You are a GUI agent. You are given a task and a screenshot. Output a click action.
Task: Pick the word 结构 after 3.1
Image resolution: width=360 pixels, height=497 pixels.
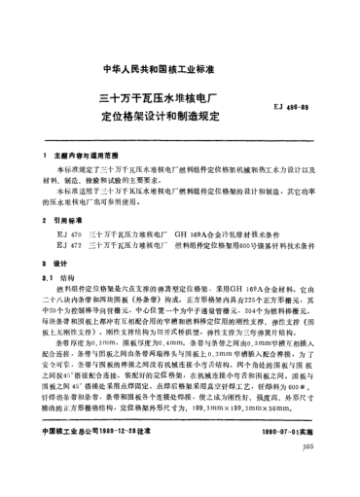[x=71, y=278]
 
